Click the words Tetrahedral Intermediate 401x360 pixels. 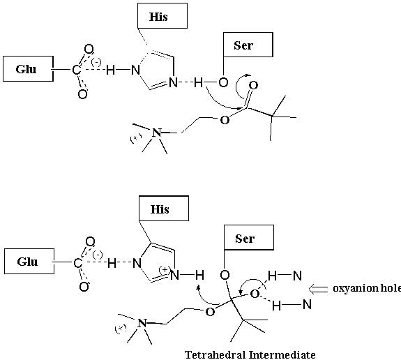250,355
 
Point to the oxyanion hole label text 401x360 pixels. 367,288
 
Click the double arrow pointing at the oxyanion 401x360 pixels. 318,289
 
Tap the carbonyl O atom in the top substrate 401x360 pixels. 253,85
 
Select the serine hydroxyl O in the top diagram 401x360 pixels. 223,82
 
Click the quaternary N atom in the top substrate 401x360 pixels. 157,133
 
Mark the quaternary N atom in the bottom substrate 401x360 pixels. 142,323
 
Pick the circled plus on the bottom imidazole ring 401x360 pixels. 165,270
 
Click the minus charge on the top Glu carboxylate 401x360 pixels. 96,62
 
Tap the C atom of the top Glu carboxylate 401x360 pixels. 76,70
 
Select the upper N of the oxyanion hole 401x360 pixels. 297,276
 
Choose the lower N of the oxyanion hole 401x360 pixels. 307,304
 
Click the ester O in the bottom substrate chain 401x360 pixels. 210,312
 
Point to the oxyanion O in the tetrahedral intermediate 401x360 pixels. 255,294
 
